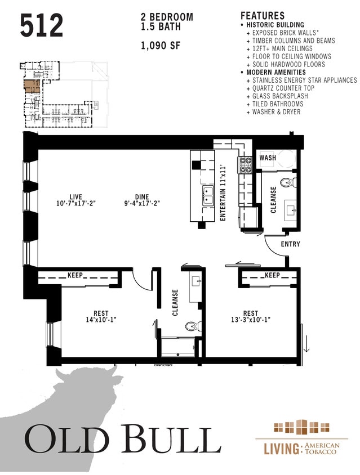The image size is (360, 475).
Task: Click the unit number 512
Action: pyautogui.click(x=42, y=25)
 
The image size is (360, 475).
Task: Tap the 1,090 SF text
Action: pyautogui.click(x=161, y=46)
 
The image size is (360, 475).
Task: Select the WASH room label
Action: pyautogui.click(x=268, y=158)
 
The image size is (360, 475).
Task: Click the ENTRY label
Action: pyautogui.click(x=290, y=244)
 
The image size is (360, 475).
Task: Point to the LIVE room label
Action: pyautogui.click(x=75, y=197)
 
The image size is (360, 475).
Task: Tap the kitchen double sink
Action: pyautogui.click(x=208, y=195)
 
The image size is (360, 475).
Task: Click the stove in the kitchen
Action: pyautogui.click(x=245, y=164)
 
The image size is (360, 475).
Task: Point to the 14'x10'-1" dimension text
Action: pyautogui.click(x=101, y=319)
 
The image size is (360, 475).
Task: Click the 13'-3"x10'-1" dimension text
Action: pyautogui.click(x=251, y=319)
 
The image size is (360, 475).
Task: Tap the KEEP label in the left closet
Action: pyautogui.click(x=75, y=275)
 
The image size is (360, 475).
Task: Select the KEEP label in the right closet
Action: pyautogui.click(x=272, y=275)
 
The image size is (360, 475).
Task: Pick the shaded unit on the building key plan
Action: pyautogui.click(x=32, y=86)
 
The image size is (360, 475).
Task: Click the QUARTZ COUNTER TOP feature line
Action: pyautogui.click(x=283, y=88)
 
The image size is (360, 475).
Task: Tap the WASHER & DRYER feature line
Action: pyautogui.click(x=276, y=112)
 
